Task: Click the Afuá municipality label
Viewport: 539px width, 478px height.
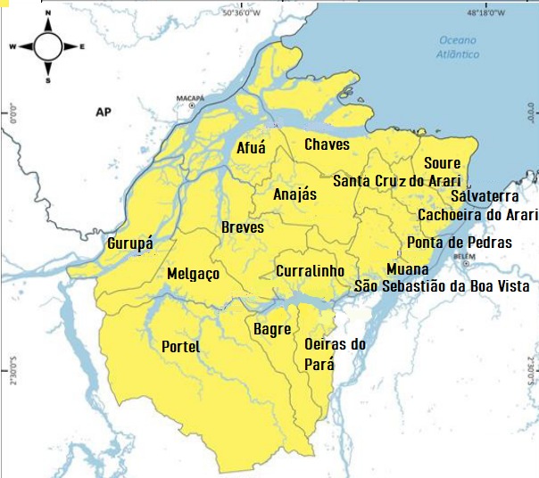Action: point(251,149)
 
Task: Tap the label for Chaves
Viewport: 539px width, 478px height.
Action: point(328,144)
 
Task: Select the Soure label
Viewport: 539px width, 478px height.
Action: point(442,163)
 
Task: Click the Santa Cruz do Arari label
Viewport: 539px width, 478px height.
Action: point(396,181)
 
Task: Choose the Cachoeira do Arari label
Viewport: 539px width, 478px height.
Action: point(478,215)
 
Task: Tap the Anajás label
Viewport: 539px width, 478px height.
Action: point(295,194)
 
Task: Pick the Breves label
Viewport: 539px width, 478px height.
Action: point(243,227)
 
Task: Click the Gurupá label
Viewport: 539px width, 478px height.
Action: point(130,243)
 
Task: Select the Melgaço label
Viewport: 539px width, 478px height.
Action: point(193,275)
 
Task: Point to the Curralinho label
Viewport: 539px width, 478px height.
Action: point(311,270)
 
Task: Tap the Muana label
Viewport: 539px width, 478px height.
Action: point(408,269)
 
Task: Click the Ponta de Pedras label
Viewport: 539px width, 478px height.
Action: point(459,243)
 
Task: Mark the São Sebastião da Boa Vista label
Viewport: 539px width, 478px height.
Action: point(442,287)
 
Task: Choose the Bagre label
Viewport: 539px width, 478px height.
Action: point(272,330)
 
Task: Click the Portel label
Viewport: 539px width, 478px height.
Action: point(181,347)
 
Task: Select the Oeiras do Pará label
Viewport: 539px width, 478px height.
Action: point(329,354)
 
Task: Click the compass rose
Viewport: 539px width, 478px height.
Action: point(47,45)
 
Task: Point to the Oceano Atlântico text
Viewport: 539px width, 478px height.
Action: point(460,47)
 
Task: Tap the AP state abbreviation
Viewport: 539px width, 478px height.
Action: point(104,112)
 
